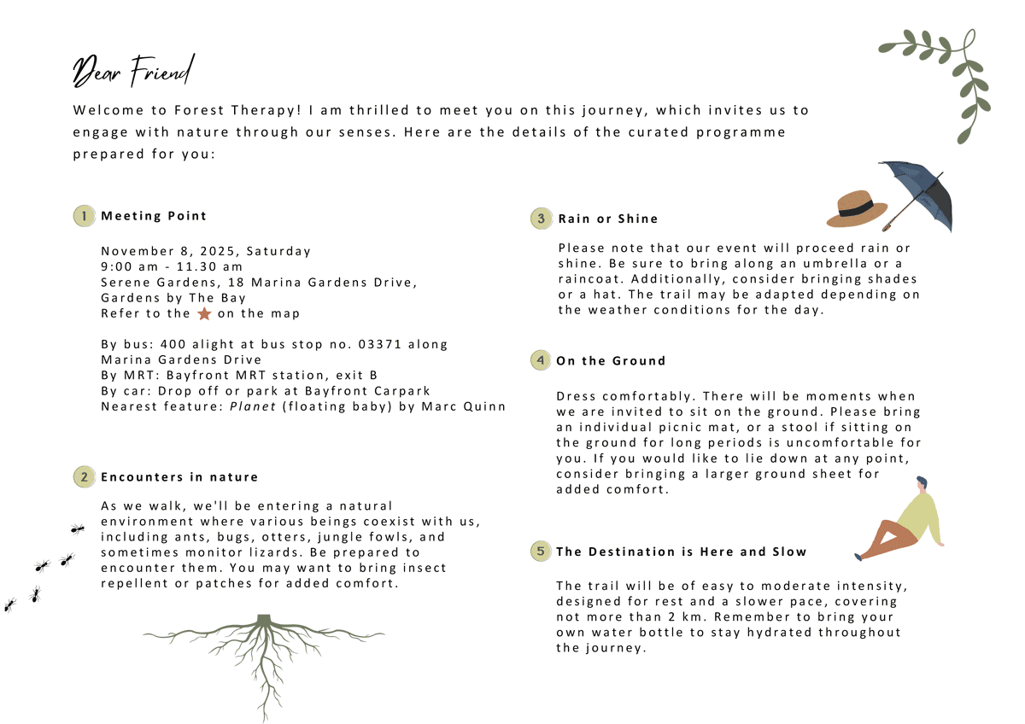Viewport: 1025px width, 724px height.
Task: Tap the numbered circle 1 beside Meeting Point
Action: tap(84, 216)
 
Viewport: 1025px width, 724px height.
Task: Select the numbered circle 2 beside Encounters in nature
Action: tap(84, 477)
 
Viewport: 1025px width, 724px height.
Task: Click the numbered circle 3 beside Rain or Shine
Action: tap(541, 219)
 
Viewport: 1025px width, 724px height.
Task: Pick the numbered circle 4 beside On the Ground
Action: tap(540, 360)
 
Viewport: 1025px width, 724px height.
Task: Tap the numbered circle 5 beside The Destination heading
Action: tap(540, 552)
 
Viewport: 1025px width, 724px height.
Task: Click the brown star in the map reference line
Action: tap(204, 313)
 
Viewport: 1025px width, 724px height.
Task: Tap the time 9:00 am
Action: tap(131, 266)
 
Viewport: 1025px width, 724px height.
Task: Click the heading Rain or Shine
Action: tap(608, 219)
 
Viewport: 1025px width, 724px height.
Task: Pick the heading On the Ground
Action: tap(611, 360)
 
